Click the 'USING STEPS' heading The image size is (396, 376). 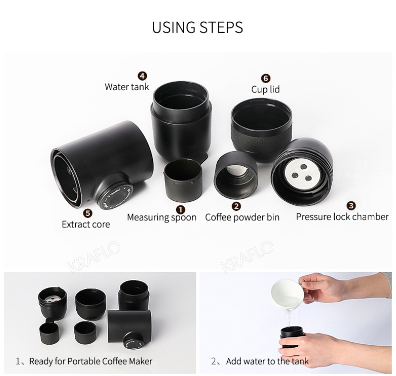coord(198,27)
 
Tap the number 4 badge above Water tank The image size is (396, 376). coord(143,76)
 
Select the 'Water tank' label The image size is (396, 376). coord(127,87)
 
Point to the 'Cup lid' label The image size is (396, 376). coord(265,90)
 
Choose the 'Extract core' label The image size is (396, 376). coord(86,224)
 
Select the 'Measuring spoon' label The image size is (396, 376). coord(161,217)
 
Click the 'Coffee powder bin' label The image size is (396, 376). coord(242,217)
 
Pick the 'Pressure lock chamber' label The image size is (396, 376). coord(342,217)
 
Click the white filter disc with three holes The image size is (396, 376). coord(301,174)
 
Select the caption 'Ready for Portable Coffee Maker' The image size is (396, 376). coord(91,361)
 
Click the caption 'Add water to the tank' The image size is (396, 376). coord(267,361)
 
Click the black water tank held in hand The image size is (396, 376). coord(292,339)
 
